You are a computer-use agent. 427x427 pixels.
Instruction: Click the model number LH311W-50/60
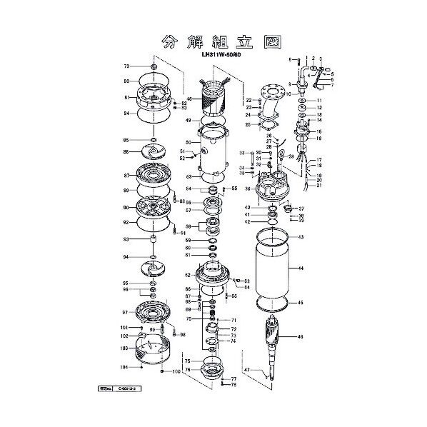point(220,51)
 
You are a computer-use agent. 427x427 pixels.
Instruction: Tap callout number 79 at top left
point(126,65)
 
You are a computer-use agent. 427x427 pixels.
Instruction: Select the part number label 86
point(126,152)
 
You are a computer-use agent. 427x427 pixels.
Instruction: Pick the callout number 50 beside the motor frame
point(189,143)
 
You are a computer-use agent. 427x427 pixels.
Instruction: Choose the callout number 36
point(248,189)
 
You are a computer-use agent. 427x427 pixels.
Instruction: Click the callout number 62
point(189,275)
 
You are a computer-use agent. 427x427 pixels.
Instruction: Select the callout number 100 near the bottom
point(176,372)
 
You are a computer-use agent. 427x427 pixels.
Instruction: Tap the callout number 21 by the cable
point(319,186)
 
